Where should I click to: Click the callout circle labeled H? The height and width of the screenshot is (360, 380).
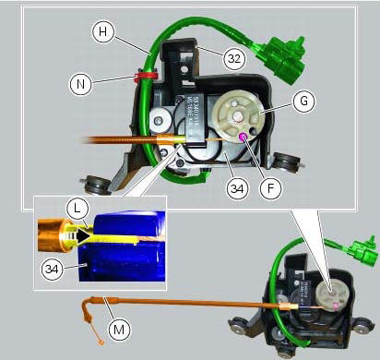tap(103, 31)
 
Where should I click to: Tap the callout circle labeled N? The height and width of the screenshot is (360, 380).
tap(81, 83)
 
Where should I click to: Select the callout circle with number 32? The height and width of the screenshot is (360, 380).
tap(233, 57)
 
